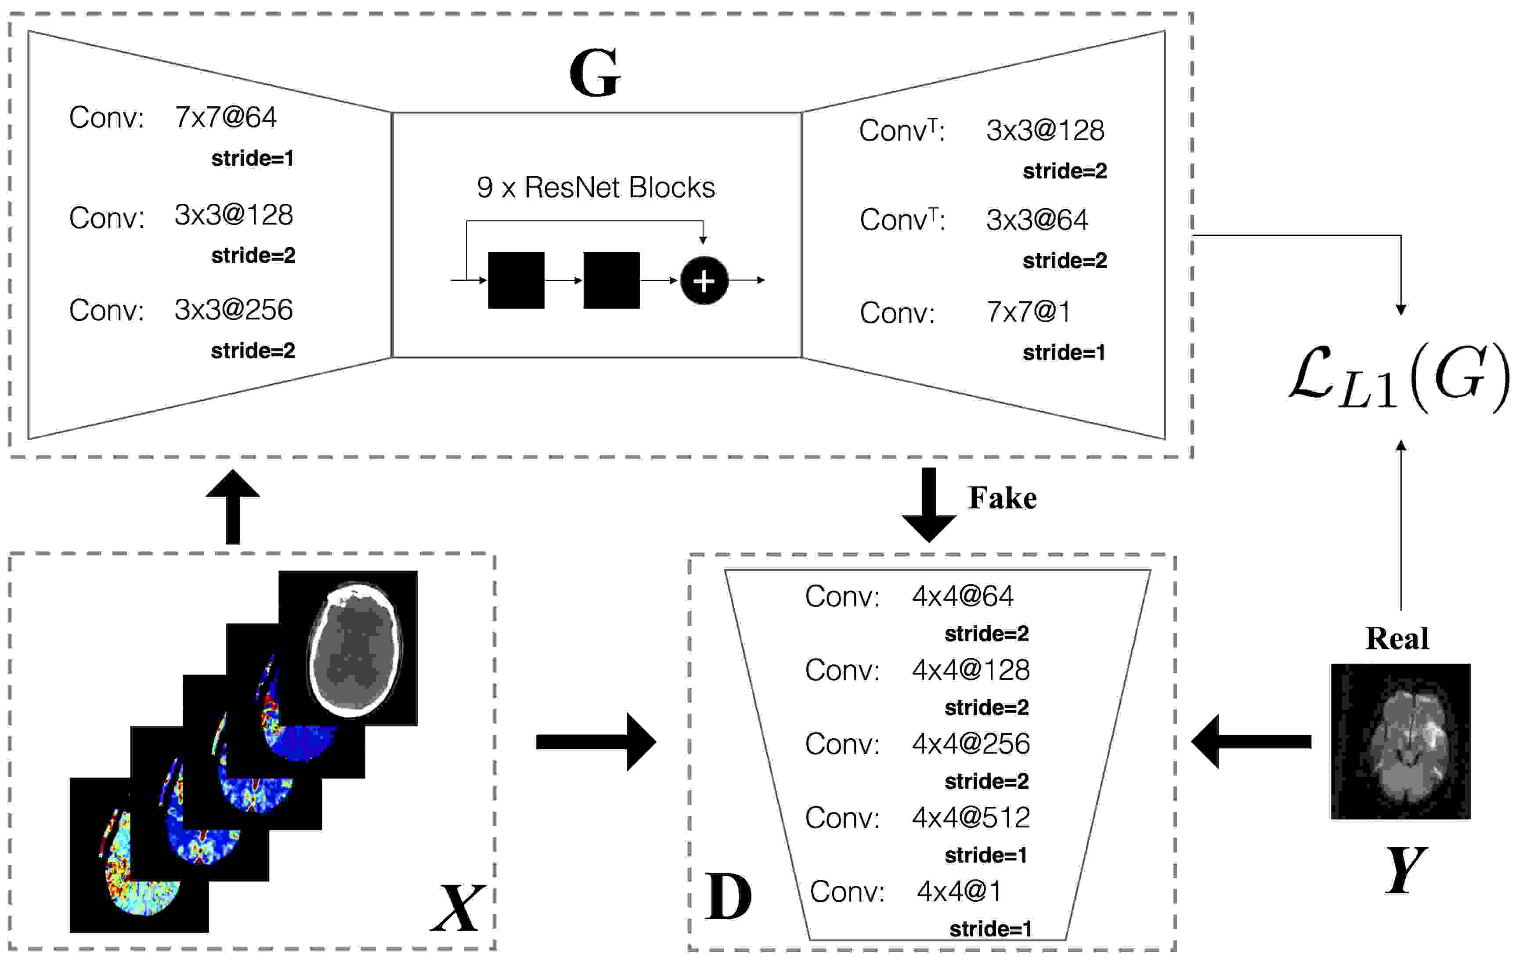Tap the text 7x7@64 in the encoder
pyautogui.click(x=225, y=118)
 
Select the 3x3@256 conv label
pyautogui.click(x=233, y=309)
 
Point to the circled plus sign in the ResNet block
pyautogui.click(x=704, y=280)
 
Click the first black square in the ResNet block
pyautogui.click(x=516, y=280)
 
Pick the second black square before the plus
pyautogui.click(x=611, y=280)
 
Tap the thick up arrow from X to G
pyautogui.click(x=233, y=506)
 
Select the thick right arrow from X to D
pyautogui.click(x=595, y=742)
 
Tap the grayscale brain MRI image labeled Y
pyautogui.click(x=1400, y=741)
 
